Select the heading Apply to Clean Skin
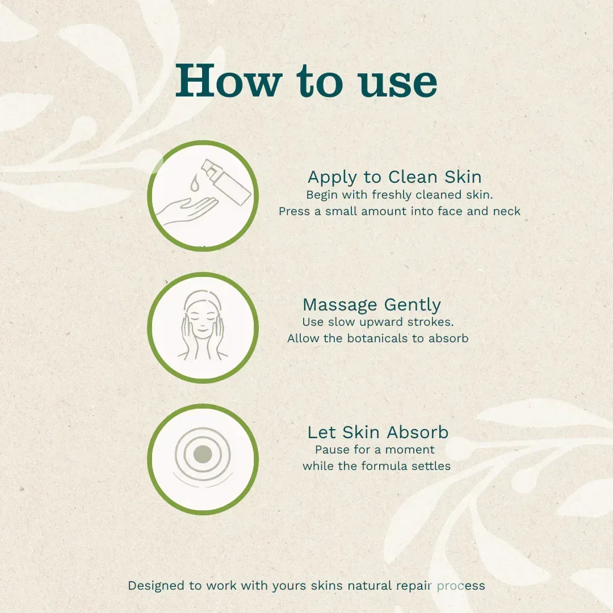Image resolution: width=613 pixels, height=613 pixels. coord(394,177)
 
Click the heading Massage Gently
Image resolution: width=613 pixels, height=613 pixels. coord(372,305)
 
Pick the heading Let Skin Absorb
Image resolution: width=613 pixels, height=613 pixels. coord(378,433)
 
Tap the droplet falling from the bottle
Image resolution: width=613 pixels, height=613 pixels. coord(195,183)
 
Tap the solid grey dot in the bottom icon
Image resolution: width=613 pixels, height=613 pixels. coord(203,454)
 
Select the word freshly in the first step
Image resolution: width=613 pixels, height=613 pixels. coord(394,195)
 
